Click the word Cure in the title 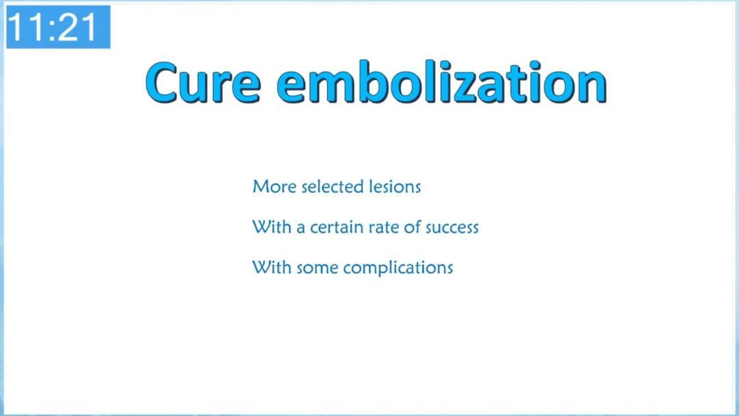coord(203,82)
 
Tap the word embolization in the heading coord(441,82)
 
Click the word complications coord(398,268)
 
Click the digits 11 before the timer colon coord(28,27)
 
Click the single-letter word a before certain coord(300,228)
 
